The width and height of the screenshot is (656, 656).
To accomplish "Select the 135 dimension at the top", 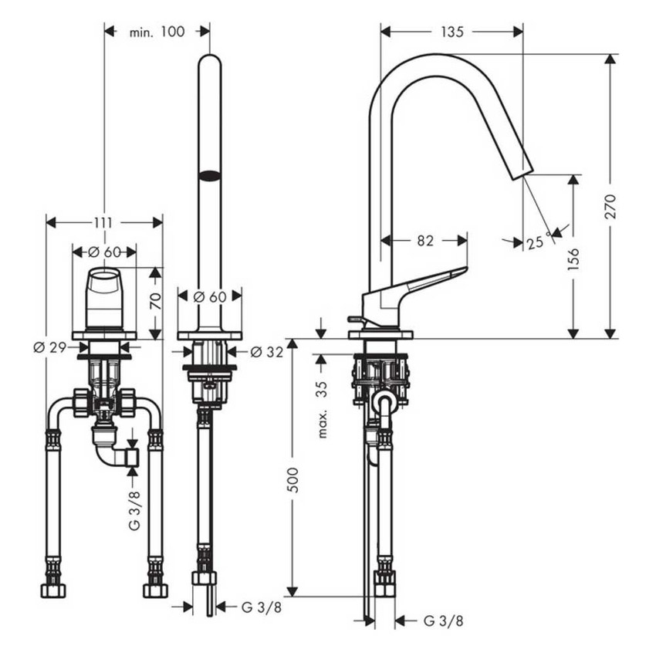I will [452, 32].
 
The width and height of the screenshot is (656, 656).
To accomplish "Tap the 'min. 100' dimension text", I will [157, 32].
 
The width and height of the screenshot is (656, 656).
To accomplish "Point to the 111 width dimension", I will [103, 222].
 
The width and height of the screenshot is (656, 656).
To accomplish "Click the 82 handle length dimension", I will [425, 240].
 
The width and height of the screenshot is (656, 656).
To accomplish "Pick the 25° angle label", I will [536, 242].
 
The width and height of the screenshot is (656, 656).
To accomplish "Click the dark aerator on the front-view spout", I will [209, 175].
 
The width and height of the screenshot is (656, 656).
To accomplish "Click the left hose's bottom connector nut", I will [52, 590].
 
